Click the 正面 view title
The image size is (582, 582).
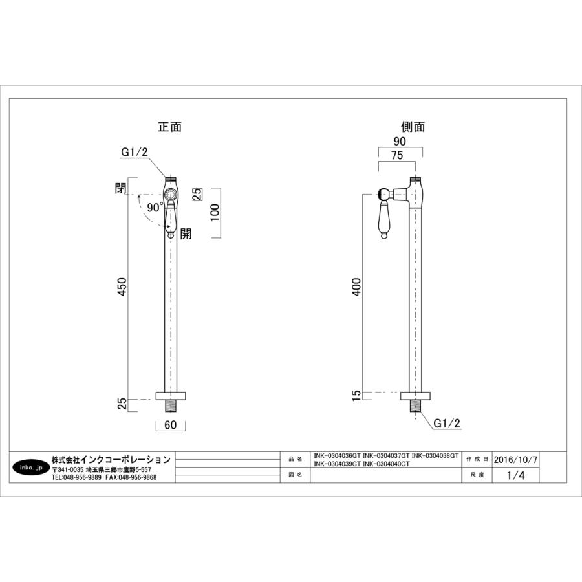coord(169,127)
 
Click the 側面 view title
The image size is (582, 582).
coord(413,127)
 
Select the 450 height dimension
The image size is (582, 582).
coord(122,286)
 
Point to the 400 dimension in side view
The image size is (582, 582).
coord(356,286)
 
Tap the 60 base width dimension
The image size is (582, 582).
coord(170,425)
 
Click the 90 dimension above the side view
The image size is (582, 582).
coord(400,141)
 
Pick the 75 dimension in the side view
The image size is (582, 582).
coord(397,155)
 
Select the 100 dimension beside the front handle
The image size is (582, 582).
coord(215,212)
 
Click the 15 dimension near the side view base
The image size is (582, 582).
coord(356,395)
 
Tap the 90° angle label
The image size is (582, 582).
coord(155,208)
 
